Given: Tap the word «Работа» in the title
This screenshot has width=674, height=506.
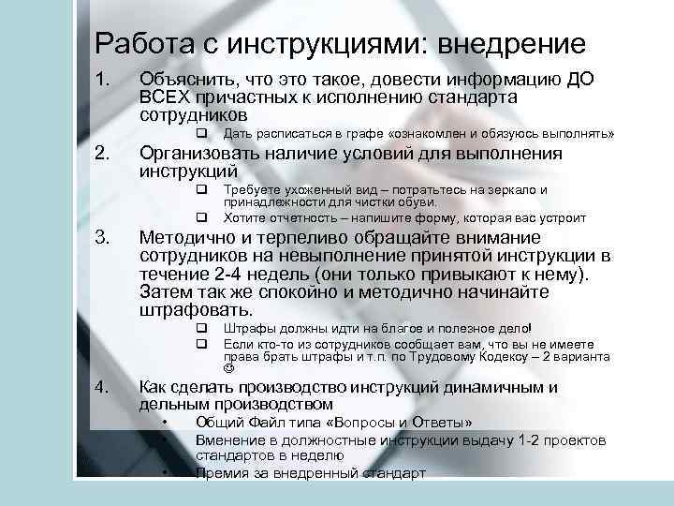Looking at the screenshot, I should coord(135,44).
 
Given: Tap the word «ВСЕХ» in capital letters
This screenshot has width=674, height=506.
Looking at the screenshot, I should coord(163,98).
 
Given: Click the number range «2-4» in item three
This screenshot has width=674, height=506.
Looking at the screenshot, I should coord(229,274).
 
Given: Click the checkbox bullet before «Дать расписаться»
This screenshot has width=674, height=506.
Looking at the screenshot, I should coord(200,134).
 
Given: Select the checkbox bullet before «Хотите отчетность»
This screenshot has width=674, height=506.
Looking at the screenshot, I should coord(200,217).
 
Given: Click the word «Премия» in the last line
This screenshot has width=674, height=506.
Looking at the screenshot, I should coord(221,473).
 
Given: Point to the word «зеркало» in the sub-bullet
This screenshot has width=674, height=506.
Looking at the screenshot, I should coord(512,189).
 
